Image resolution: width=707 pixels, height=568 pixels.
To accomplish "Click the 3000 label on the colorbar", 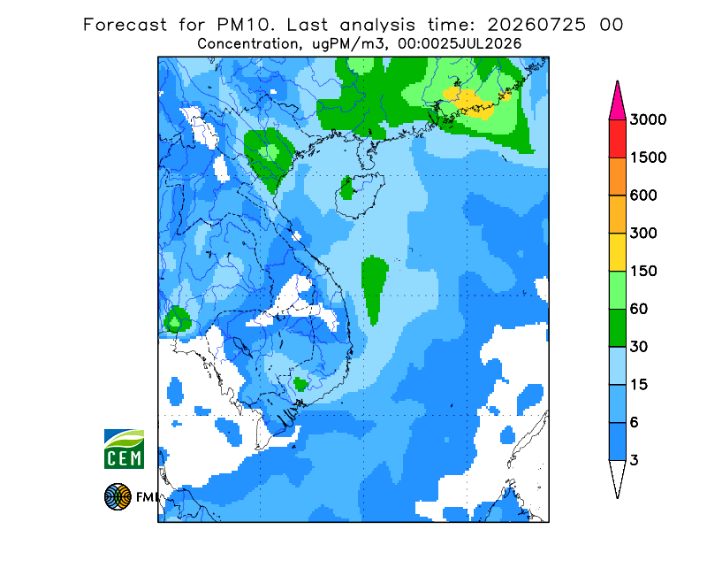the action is (648, 119).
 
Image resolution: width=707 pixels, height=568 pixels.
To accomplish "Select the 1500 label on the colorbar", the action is (648, 157).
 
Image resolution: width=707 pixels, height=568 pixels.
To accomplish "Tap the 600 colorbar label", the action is (643, 196).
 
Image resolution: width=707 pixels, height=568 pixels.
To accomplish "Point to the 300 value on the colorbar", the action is (643, 234).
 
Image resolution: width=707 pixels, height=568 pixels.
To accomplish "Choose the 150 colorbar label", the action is (643, 272).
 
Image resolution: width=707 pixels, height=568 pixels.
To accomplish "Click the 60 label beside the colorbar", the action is (638, 310).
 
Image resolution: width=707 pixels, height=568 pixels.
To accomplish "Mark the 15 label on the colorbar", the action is (638, 385).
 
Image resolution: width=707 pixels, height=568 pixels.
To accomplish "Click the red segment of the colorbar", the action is (617, 139).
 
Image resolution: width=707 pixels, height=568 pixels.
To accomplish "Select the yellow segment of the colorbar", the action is (617, 252).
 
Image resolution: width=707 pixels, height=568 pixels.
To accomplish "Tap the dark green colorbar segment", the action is (617, 328).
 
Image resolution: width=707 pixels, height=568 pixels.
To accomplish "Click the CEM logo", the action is (124, 449).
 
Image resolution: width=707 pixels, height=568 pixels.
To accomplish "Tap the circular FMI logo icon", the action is (118, 496).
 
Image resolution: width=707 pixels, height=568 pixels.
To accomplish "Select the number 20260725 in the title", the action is (536, 25).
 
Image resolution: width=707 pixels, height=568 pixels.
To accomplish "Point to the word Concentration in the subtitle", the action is (247, 44).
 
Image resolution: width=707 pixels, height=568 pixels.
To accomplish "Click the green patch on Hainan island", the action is (347, 188).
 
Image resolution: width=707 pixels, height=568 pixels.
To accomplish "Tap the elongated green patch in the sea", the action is (374, 289).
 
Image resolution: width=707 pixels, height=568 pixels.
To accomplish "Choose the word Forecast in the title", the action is (125, 25).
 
